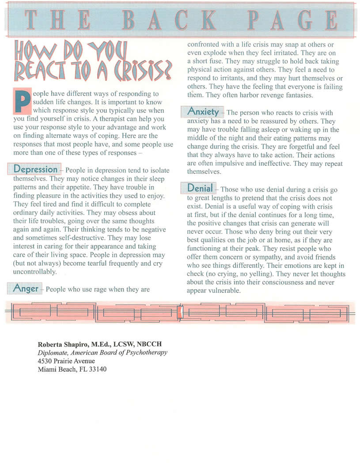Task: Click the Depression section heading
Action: click(36, 169)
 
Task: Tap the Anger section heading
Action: click(26, 289)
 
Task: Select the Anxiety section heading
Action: click(203, 112)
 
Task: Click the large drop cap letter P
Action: click(22, 101)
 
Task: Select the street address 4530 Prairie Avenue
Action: click(66, 361)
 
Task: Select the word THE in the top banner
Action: click(58, 20)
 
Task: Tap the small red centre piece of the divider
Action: click(179, 312)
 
